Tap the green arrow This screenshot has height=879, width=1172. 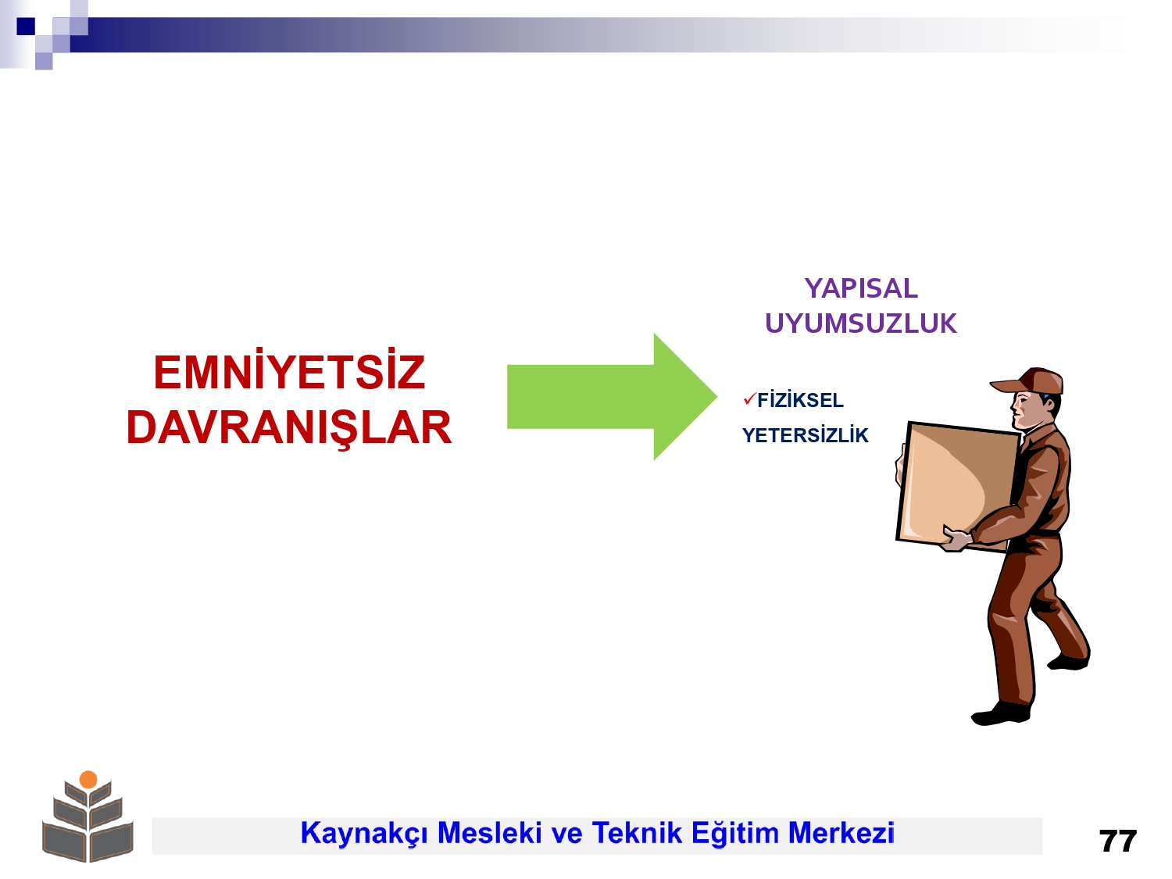[612, 397]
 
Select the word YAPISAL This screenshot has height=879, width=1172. [861, 289]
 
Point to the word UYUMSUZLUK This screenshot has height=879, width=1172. [861, 323]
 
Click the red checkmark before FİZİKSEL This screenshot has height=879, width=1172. [749, 398]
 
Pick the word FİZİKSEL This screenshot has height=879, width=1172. [800, 399]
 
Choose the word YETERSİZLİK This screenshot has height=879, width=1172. [806, 435]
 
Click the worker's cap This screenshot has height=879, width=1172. [1031, 381]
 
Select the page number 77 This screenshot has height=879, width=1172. [1117, 841]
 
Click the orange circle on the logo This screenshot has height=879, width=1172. [88, 780]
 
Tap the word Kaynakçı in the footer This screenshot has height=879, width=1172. [364, 833]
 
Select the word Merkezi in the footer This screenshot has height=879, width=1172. [841, 833]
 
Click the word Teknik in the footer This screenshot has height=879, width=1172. [637, 833]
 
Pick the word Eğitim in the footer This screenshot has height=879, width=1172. [734, 834]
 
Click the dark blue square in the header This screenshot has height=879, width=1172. [26, 26]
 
